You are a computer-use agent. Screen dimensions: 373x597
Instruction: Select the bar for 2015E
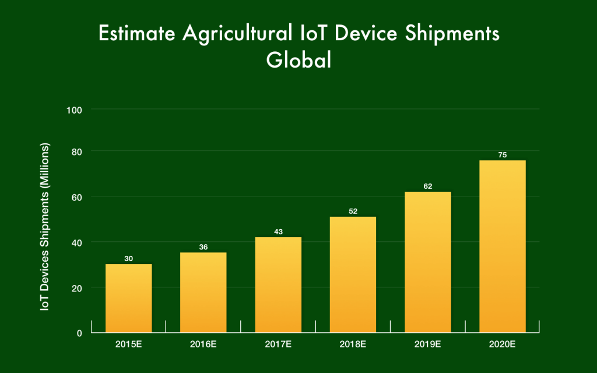128,298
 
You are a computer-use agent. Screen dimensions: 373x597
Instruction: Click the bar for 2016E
203,293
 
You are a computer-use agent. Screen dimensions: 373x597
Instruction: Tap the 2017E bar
278,285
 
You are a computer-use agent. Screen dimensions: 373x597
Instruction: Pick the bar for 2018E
353,275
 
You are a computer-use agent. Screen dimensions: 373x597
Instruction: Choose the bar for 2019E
427,262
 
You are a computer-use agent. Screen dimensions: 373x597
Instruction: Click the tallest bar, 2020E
502,247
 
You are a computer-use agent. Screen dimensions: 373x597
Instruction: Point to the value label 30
128,258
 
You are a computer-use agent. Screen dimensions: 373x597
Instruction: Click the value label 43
278,232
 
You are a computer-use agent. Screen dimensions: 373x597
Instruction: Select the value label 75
502,155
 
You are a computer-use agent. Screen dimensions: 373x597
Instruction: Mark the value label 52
353,211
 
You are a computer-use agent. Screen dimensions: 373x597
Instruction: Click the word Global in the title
298,60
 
